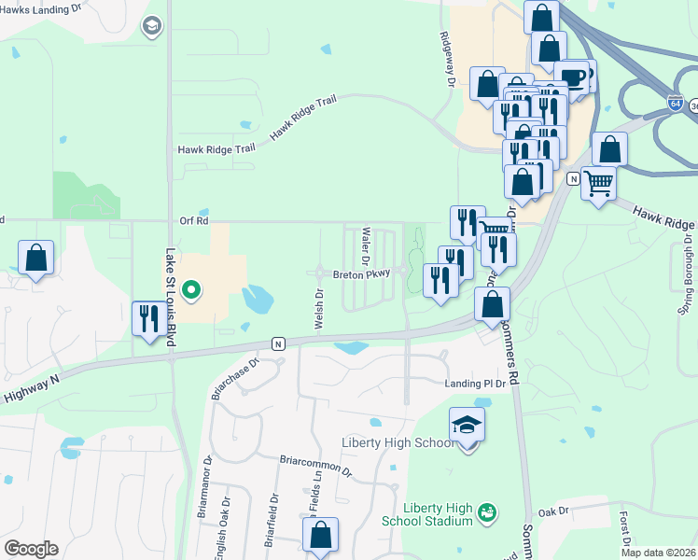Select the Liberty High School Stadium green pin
pos(485,511)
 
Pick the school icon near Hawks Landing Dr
pos(151,26)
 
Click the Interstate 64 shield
pos(675,104)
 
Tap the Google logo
pos(31,549)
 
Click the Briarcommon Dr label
pos(317,466)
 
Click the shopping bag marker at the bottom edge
pos(320,536)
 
